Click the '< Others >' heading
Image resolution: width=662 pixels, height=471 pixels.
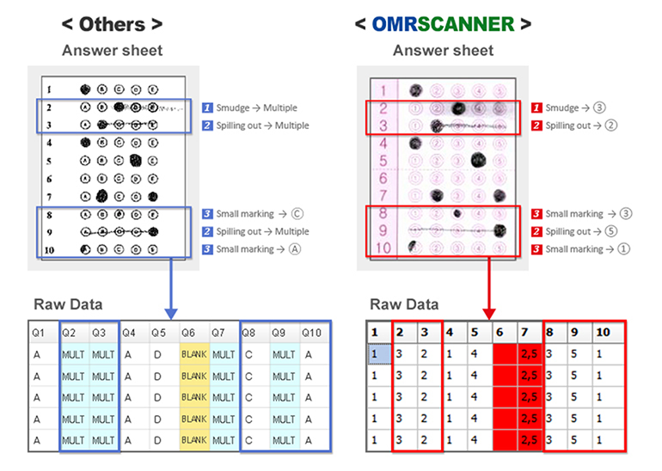pos(111,23)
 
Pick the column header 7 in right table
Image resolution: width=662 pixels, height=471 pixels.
pos(527,331)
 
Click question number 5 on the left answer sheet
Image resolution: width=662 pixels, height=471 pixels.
pos(50,160)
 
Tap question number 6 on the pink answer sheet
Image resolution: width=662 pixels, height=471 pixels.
pos(385,177)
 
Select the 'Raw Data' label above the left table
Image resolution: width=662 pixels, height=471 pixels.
pos(69,304)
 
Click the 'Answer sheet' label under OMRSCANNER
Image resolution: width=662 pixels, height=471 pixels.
pos(443,51)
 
